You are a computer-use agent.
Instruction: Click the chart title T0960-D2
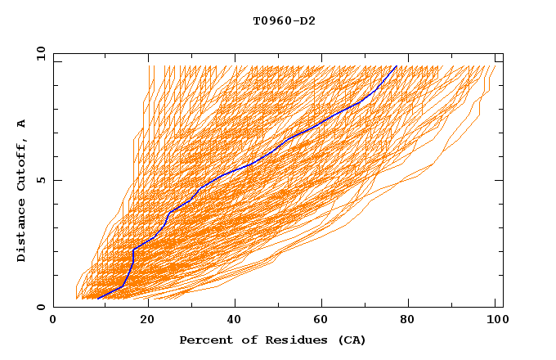284,20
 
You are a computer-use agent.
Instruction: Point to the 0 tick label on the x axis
53,320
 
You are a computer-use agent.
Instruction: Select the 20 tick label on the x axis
143,320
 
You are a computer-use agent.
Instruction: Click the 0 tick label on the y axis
40,308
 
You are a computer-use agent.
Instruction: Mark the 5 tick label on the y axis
40,180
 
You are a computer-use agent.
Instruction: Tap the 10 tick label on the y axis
38,53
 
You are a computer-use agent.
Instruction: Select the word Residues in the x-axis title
290,340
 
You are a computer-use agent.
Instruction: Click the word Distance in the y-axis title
21,231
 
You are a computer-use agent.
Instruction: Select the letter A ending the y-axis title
21,124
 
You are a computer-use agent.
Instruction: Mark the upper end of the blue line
397,66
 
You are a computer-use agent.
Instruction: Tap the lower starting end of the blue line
98,299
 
